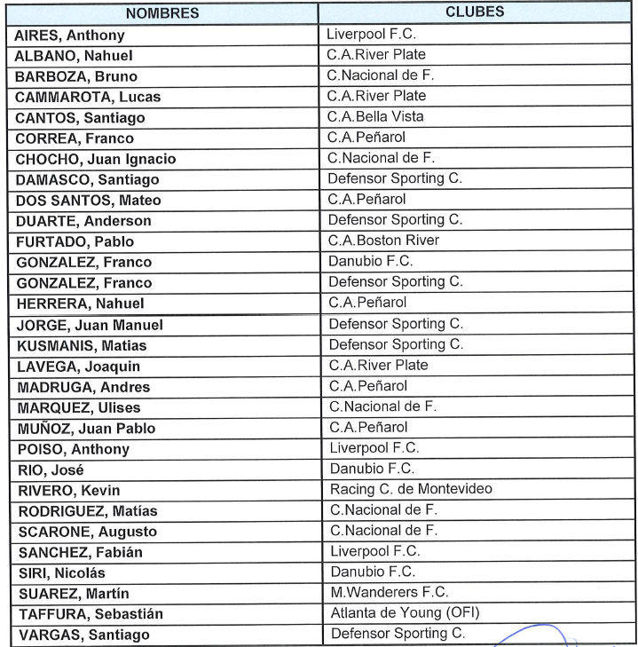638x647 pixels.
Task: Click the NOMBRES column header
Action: click(162, 14)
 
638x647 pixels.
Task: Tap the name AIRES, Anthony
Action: click(70, 36)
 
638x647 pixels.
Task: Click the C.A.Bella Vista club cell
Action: click(375, 116)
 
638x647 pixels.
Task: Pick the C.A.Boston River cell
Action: click(383, 240)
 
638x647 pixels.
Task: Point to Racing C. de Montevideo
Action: click(410, 489)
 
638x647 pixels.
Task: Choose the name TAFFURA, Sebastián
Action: click(90, 614)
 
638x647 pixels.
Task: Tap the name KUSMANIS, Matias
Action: click(82, 345)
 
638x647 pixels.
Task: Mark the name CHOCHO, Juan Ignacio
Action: click(96, 159)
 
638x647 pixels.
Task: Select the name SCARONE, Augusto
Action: click(86, 532)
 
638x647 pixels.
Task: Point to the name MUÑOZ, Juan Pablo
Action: click(86, 429)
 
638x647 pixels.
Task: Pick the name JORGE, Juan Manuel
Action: click(90, 325)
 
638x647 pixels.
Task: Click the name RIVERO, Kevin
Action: click(68, 490)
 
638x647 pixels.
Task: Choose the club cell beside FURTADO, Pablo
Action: click(383, 240)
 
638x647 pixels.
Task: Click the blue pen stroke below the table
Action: click(532, 631)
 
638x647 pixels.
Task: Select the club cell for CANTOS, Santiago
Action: click(375, 116)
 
